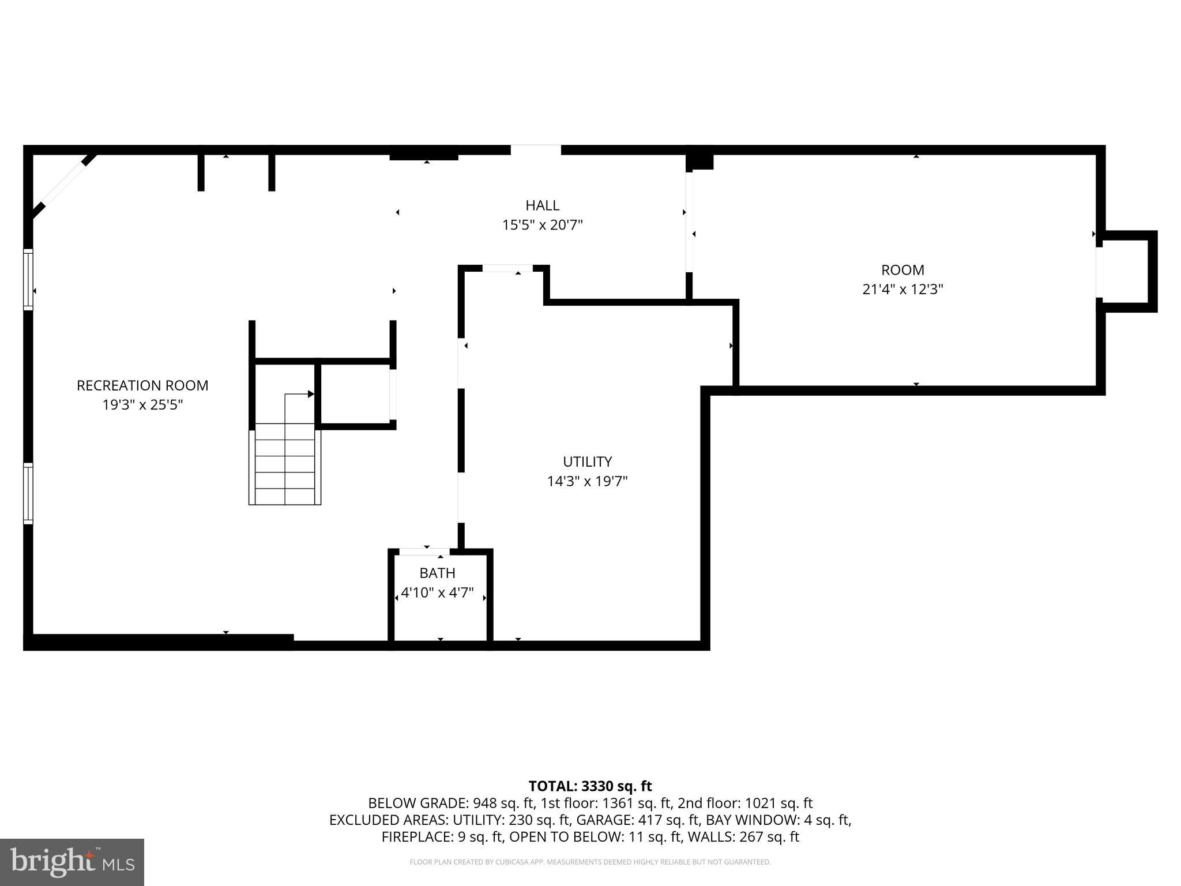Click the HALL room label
click(542, 205)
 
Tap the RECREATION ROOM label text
click(142, 385)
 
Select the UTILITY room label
click(587, 461)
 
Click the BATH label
click(437, 573)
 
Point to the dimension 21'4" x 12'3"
click(902, 290)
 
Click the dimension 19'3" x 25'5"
click(142, 405)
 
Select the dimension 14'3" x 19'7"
click(587, 481)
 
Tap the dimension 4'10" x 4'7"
click(437, 592)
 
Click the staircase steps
click(285, 464)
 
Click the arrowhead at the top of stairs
click(311, 394)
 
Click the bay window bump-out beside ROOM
click(1127, 271)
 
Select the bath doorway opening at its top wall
click(424, 552)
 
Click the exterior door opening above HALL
click(536, 150)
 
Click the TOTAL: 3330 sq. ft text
click(590, 786)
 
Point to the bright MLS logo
click(72, 862)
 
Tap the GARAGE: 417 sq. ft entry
click(641, 820)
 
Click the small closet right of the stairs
click(354, 394)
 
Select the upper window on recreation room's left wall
click(28, 279)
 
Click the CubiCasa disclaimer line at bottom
click(590, 862)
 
